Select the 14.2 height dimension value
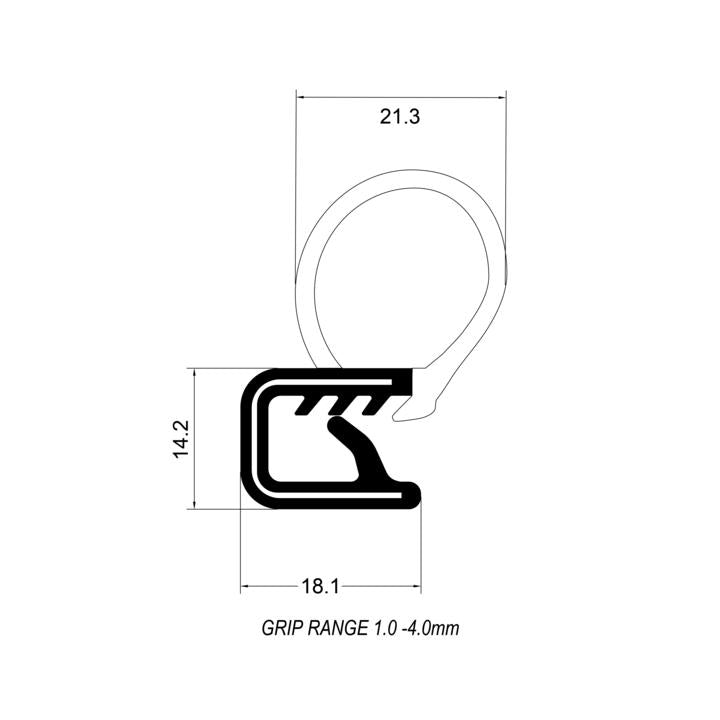(x=180, y=438)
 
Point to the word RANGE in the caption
(x=338, y=629)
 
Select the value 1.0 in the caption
(x=386, y=629)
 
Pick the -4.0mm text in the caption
(x=432, y=629)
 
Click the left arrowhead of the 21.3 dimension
(x=302, y=97)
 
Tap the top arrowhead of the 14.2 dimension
(x=193, y=373)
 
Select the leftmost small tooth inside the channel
(x=303, y=407)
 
